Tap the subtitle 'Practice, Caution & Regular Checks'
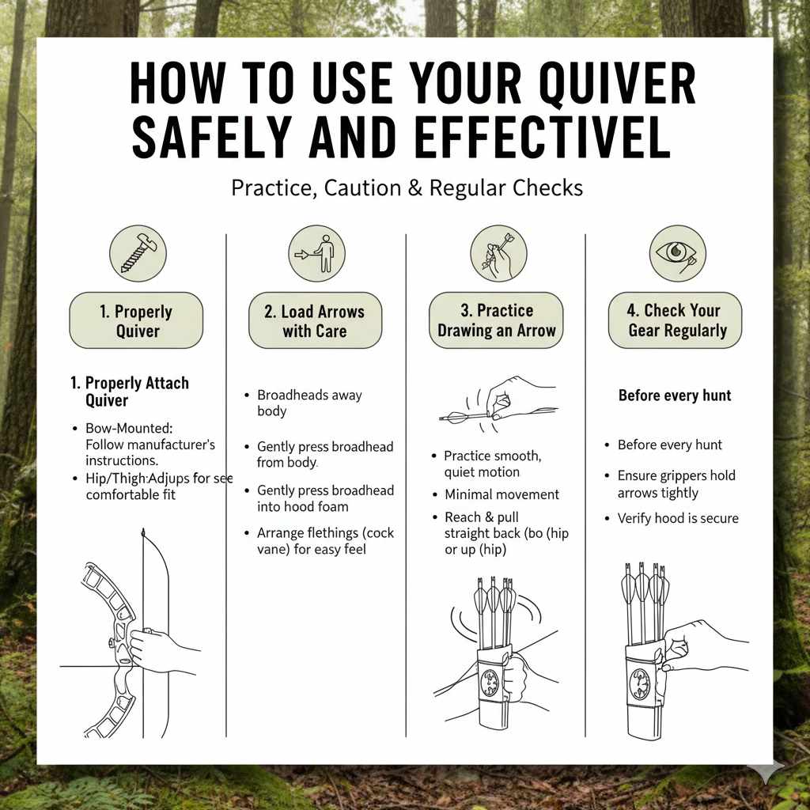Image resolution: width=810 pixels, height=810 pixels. coord(407,188)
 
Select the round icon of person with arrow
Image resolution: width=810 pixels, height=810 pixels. coord(316,252)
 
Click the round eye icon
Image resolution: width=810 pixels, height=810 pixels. coord(676,252)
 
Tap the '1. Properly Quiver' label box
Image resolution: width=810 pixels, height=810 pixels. coord(136,320)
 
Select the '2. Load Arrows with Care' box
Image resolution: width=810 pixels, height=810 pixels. coord(315,320)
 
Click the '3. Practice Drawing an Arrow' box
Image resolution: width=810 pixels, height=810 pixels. coord(496,320)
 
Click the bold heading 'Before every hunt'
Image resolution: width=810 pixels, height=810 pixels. coord(675,395)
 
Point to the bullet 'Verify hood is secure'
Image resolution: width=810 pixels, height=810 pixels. coord(677,518)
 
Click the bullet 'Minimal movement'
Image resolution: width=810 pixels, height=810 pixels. coord(501,494)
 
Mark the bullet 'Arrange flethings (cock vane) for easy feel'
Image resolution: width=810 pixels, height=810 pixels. coord(324,540)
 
